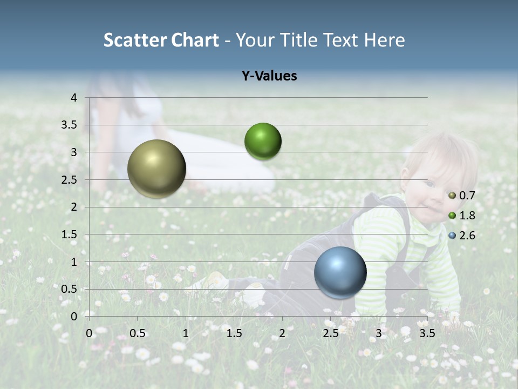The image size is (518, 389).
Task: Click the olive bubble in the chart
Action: click(156, 169)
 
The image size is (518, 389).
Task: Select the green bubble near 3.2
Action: click(263, 142)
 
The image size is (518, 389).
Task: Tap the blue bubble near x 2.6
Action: click(340, 273)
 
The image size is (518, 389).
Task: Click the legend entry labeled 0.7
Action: click(462, 196)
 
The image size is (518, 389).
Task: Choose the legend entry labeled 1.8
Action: click(462, 216)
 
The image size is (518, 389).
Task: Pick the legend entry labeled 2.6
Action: click(462, 236)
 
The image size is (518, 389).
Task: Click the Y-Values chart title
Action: click(269, 76)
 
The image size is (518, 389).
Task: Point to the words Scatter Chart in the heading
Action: click(161, 40)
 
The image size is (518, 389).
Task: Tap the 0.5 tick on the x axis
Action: click(138, 333)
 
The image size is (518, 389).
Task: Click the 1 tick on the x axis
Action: click(186, 333)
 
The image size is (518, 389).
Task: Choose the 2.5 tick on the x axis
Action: click(330, 333)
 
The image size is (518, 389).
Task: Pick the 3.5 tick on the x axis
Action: click(427, 333)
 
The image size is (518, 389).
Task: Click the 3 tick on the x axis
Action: click(379, 333)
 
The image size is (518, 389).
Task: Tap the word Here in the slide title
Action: click(384, 40)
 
